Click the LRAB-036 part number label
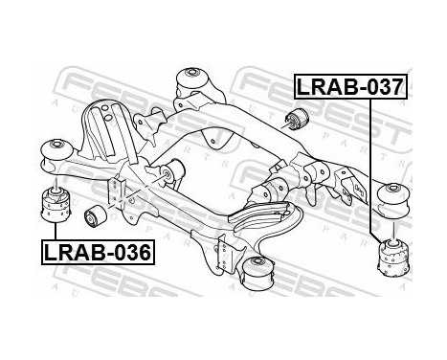[96, 253]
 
